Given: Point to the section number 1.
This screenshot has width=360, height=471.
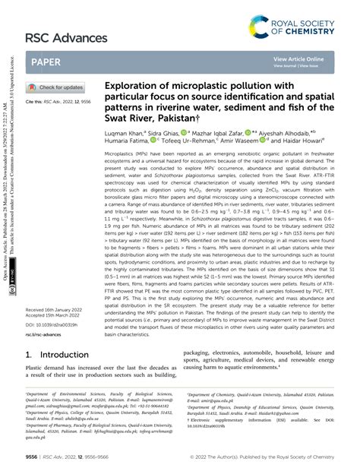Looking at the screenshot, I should pyautogui.click(x=29, y=354).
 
